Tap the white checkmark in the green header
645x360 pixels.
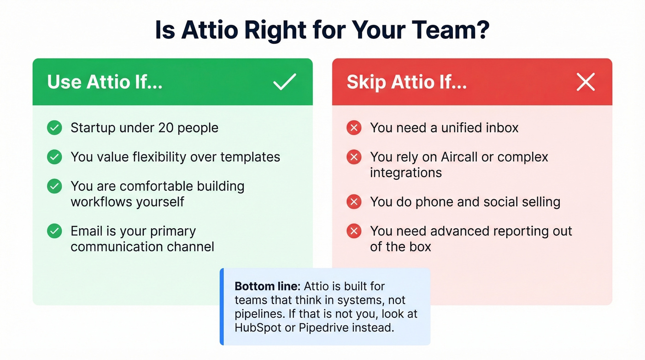coord(285,82)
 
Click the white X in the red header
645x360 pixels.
coord(586,82)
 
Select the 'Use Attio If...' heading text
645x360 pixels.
coord(105,82)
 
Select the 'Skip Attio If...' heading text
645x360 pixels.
coord(407,82)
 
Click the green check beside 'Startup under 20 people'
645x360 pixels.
coord(54,128)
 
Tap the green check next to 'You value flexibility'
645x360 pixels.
coord(54,157)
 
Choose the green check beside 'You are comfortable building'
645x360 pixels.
coord(54,186)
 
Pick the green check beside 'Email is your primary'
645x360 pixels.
coord(54,231)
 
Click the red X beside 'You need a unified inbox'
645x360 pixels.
coord(354,128)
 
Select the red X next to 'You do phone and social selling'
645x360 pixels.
coord(354,202)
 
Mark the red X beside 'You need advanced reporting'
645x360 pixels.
coord(354,231)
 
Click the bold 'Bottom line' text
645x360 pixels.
coord(258,286)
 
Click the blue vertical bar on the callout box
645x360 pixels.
coord(222,307)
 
